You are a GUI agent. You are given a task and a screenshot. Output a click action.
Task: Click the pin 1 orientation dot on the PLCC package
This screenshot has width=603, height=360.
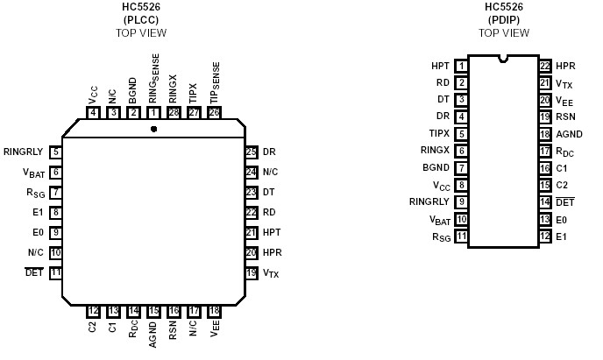[153, 129]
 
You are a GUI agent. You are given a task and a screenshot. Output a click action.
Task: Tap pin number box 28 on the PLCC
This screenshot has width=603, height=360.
[173, 112]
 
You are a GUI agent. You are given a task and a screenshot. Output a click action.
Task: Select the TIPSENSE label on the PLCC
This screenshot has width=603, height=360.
[215, 83]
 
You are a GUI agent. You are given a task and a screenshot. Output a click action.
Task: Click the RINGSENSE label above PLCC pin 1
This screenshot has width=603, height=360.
[153, 83]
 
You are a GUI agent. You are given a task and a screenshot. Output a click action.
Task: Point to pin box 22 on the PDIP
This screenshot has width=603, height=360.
[544, 66]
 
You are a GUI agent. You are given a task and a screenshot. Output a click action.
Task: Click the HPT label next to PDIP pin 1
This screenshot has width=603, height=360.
[440, 66]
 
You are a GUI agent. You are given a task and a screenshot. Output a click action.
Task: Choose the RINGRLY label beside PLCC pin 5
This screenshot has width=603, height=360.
[23, 152]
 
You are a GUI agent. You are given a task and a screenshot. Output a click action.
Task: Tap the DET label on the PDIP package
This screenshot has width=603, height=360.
[564, 202]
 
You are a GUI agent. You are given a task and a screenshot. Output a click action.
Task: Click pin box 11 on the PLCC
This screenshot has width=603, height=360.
[55, 273]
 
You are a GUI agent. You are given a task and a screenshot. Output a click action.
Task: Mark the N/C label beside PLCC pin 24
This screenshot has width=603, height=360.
[271, 172]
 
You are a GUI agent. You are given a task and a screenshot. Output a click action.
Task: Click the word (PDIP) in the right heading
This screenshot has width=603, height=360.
[503, 20]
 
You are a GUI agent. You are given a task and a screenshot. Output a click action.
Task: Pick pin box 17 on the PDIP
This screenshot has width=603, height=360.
[544, 151]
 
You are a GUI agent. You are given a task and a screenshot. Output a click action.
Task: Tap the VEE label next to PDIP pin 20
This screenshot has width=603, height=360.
[564, 100]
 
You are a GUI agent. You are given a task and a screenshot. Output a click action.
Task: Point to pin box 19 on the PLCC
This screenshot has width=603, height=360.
[252, 273]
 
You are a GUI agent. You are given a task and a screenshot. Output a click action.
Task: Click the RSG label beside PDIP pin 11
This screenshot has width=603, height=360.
[441, 236]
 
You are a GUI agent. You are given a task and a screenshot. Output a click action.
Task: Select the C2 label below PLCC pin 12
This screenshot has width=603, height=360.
[93, 328]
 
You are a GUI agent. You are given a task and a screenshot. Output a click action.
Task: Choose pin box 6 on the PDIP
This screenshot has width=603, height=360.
[461, 151]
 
